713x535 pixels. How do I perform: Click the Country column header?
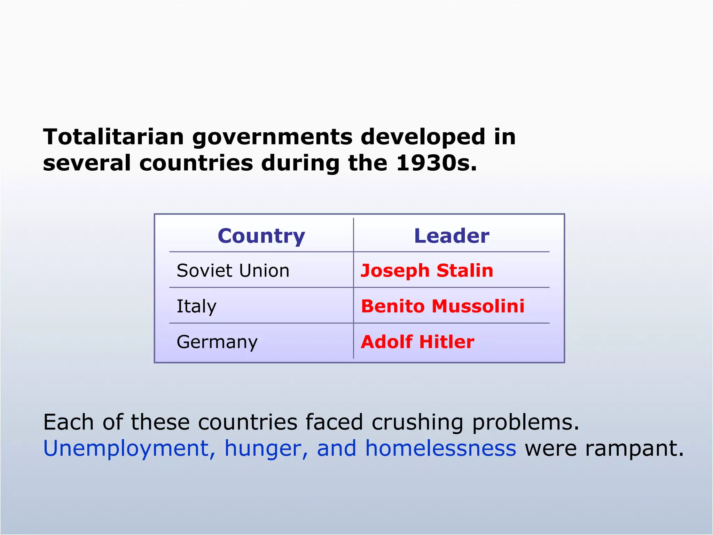(x=261, y=236)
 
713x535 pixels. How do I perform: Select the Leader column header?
(x=452, y=236)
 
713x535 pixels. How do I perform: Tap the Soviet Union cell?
(x=233, y=271)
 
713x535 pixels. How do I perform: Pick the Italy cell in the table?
(x=196, y=307)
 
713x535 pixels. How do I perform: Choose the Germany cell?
(x=217, y=342)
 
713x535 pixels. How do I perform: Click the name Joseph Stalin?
(x=427, y=271)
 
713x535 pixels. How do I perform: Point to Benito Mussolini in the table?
(x=442, y=306)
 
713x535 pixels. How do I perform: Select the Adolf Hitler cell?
(x=417, y=342)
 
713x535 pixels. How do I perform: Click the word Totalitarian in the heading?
(x=113, y=137)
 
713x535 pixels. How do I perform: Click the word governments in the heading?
(x=273, y=137)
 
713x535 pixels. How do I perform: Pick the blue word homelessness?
(x=440, y=448)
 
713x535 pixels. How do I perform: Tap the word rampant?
(x=634, y=449)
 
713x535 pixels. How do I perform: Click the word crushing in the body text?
(x=417, y=422)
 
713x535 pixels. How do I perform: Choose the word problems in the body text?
(x=525, y=422)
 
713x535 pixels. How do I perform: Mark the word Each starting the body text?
(x=69, y=422)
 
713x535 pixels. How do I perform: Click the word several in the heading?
(x=87, y=163)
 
